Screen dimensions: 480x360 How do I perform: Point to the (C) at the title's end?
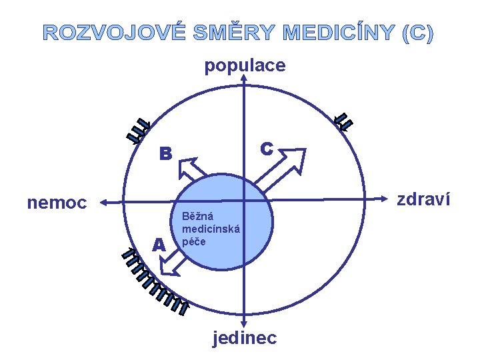418,33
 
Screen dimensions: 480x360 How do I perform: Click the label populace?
245,65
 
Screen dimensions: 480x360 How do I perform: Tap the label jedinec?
245,338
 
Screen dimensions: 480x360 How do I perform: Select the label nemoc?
57,202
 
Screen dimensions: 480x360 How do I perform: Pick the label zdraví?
423,199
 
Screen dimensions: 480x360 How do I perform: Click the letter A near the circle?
158,245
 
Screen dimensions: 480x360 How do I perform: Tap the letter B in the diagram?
165,155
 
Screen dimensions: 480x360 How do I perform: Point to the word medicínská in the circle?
211,229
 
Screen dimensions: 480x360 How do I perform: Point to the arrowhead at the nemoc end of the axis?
105,201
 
